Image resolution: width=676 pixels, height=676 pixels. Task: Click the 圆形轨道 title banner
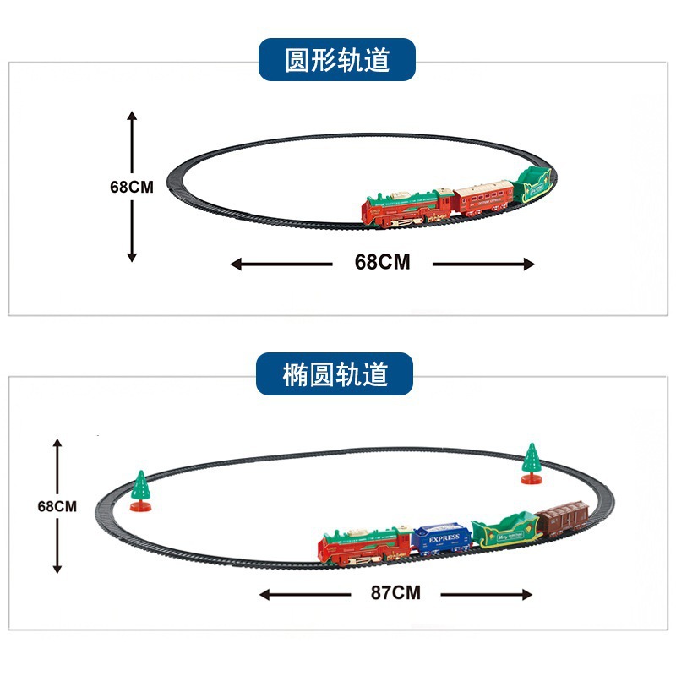pos(337,59)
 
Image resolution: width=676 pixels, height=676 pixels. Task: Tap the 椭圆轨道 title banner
pos(335,374)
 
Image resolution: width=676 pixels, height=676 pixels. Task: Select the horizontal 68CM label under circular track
pos(382,262)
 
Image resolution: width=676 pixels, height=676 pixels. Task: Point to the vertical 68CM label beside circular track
pos(132,187)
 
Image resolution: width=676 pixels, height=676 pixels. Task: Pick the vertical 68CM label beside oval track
pos(57,506)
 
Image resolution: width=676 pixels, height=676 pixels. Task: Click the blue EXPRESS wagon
pos(443,542)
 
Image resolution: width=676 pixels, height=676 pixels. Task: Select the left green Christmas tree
pos(140,488)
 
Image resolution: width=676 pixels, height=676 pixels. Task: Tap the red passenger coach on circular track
pos(484,198)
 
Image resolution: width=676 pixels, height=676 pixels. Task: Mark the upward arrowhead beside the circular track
pos(132,116)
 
